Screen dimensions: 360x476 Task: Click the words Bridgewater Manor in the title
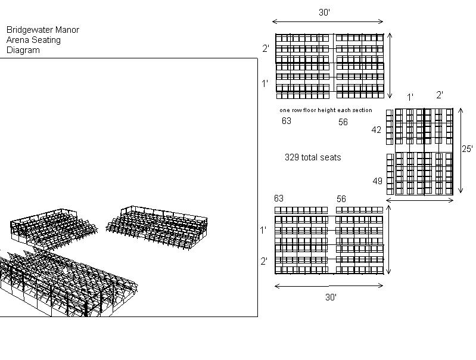point(42,30)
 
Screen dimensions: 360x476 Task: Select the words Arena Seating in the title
point(33,40)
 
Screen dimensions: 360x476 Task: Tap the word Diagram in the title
point(23,50)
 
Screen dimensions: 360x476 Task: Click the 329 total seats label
point(313,157)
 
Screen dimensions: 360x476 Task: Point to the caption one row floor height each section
point(325,110)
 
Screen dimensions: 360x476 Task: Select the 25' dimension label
point(467,149)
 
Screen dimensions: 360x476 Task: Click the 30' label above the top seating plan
point(325,12)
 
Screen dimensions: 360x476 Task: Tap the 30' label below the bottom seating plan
point(331,297)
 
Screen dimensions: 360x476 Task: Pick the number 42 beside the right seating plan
point(377,130)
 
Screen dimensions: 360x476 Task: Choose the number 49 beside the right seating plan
point(378,181)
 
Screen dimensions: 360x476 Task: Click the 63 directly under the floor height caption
point(287,121)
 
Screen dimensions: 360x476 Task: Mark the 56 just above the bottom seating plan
point(341,199)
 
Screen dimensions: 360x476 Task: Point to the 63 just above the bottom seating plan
point(279,198)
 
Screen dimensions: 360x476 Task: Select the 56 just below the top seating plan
point(343,122)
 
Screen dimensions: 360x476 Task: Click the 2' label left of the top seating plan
point(265,49)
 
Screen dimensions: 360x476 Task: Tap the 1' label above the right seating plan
point(410,97)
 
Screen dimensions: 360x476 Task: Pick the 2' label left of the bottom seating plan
point(263,261)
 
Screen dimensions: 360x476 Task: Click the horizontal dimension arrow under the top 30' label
point(327,22)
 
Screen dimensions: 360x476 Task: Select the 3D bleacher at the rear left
point(54,228)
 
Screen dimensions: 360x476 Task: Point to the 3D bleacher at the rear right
point(158,226)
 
